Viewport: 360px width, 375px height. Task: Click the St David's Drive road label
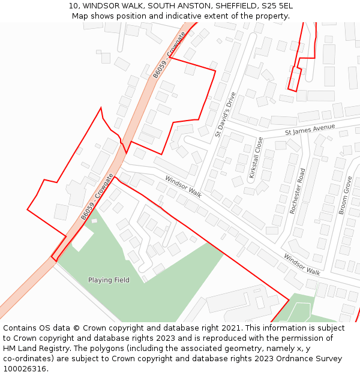(226, 115)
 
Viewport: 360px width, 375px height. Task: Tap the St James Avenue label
(310, 129)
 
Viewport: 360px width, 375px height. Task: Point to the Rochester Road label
(298, 191)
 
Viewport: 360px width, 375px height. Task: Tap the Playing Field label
(109, 280)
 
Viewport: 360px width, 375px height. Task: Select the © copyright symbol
(76, 328)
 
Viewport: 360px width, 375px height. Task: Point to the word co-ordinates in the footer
(29, 359)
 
